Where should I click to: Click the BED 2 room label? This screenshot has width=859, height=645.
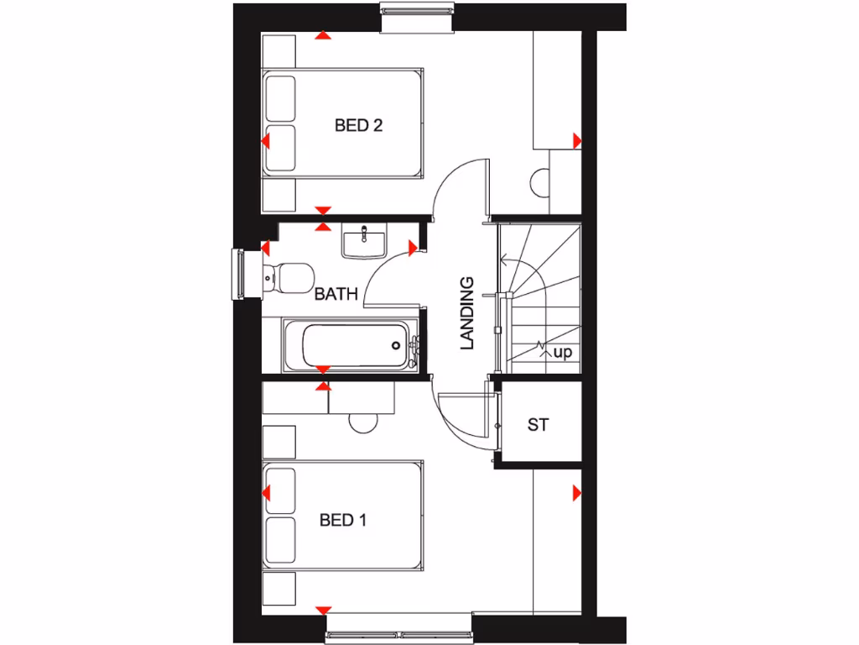coord(358,126)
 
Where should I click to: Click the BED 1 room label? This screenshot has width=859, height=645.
coord(343,521)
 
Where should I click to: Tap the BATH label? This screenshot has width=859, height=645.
coord(336,295)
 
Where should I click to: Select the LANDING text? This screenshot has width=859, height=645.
coord(468,312)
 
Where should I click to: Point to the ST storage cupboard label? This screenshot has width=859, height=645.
coord(538,425)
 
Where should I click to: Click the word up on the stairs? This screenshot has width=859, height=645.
coord(562,353)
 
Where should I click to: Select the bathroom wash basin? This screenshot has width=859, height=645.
coord(364,241)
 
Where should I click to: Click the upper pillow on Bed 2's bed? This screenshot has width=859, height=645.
coord(280,99)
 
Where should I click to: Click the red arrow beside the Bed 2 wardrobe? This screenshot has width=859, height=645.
coord(577,139)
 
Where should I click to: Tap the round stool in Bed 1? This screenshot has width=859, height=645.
coord(364,422)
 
